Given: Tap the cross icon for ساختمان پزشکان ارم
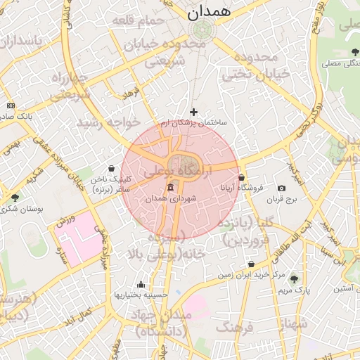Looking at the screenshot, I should [x=194, y=112].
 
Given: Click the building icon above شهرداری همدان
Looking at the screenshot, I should [x=171, y=187].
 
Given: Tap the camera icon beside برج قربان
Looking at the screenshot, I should [x=281, y=188].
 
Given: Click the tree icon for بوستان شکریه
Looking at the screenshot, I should [x=15, y=198].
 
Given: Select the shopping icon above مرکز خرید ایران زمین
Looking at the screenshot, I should [x=251, y=264].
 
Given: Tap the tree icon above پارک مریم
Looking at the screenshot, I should [x=294, y=278].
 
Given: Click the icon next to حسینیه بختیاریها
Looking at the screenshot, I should [x=141, y=284].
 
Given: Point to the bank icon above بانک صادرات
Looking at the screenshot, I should [x=11, y=105].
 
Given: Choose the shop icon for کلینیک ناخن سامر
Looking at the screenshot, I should [x=112, y=169].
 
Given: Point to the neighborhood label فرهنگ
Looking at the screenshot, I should [x=234, y=327].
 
